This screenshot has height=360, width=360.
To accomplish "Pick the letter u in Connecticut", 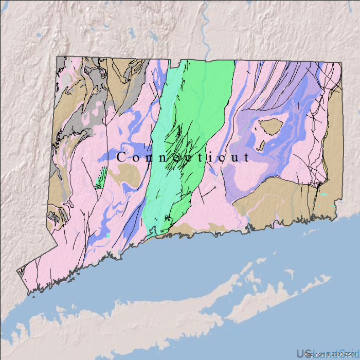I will [x=235, y=158].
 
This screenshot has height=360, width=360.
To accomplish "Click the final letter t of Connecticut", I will [x=246, y=157].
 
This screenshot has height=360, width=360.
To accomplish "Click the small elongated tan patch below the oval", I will [x=262, y=146].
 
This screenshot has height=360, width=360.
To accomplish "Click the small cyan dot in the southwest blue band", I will [x=109, y=235].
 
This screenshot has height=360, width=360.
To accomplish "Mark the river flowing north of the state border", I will [x=206, y=31].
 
